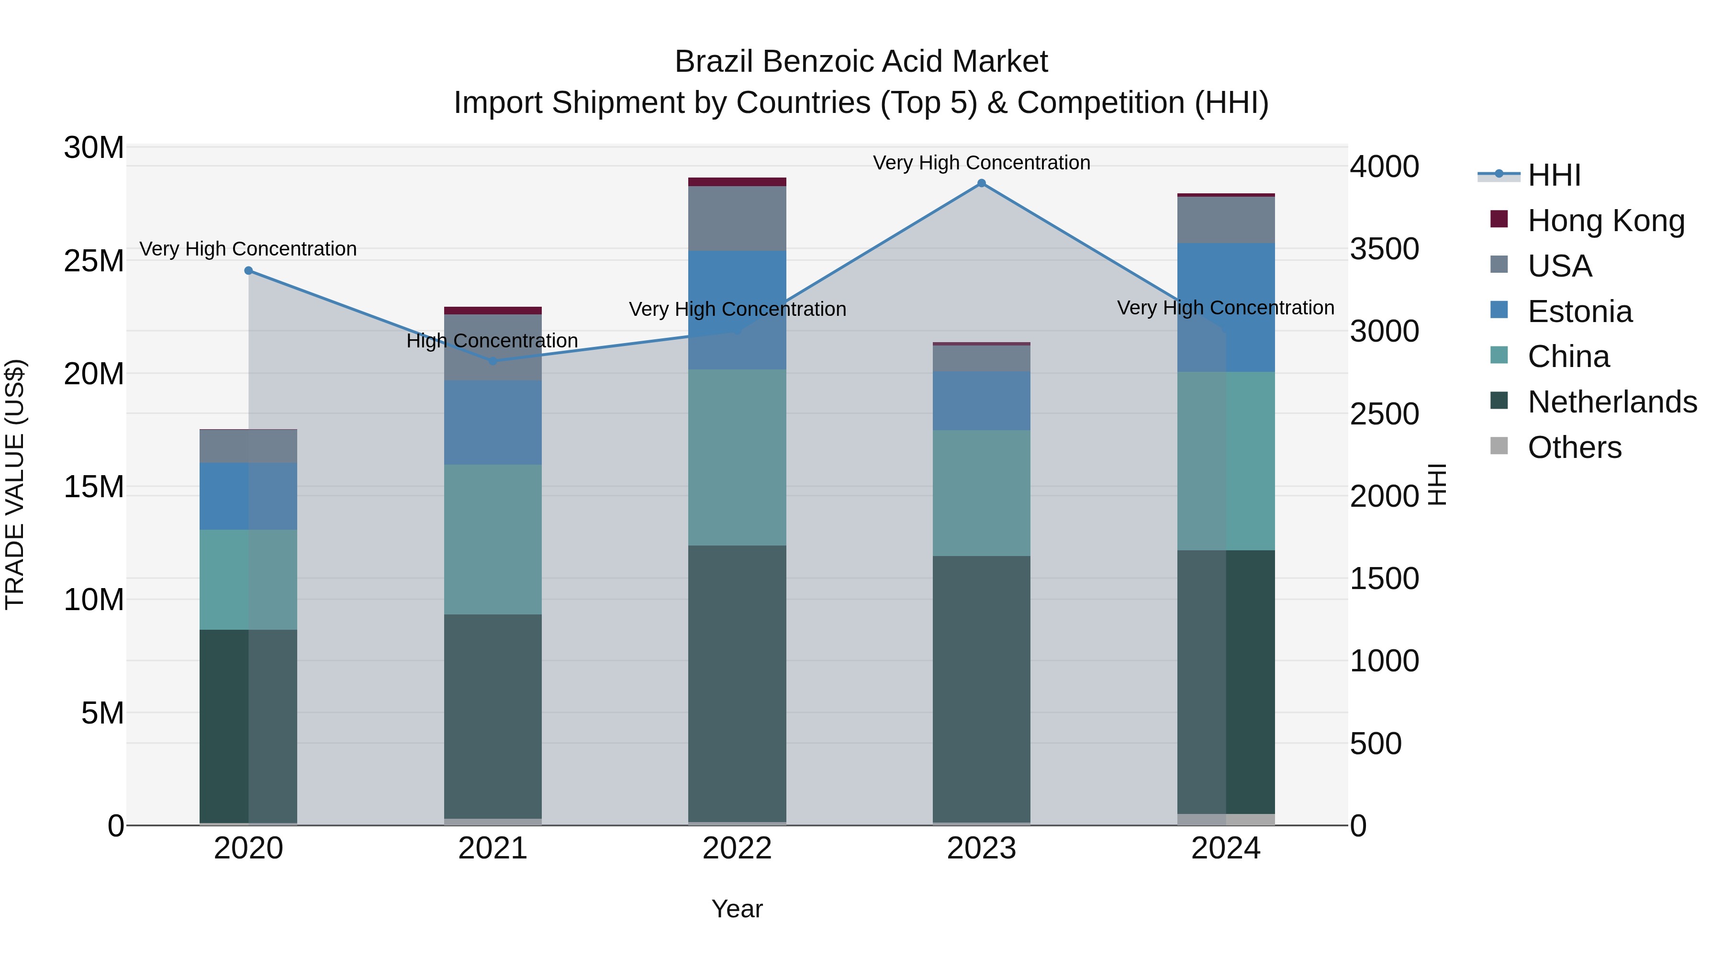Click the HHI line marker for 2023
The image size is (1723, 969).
(981, 183)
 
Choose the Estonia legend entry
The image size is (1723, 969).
(1579, 311)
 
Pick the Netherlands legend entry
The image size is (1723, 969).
(1611, 402)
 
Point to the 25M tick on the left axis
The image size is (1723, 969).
(94, 261)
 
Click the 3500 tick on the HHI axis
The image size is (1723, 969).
(1384, 249)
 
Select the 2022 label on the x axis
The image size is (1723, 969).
(737, 848)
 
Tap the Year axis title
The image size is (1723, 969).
(737, 909)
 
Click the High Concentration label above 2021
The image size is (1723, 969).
(492, 341)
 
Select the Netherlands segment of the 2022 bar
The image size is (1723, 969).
(737, 682)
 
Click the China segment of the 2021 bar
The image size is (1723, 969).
(492, 539)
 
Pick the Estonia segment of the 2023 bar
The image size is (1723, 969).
(981, 401)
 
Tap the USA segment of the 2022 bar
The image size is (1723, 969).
(737, 219)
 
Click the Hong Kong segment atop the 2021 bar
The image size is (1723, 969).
(492, 310)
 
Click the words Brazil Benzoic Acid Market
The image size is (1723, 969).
(861, 62)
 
